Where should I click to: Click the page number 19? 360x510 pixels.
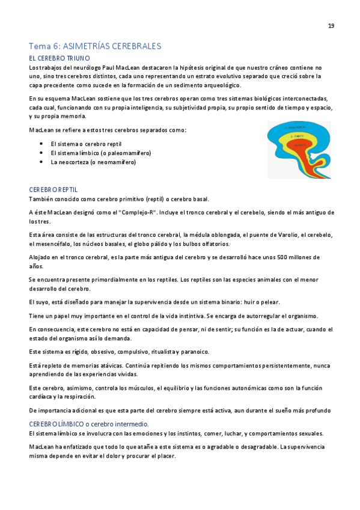(x=331, y=26)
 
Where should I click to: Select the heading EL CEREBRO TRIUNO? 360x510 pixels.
(x=59, y=58)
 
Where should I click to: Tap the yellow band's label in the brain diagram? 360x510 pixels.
(x=299, y=137)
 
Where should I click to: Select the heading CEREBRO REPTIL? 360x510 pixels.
(x=53, y=189)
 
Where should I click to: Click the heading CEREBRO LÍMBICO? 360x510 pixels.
(x=54, y=424)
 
